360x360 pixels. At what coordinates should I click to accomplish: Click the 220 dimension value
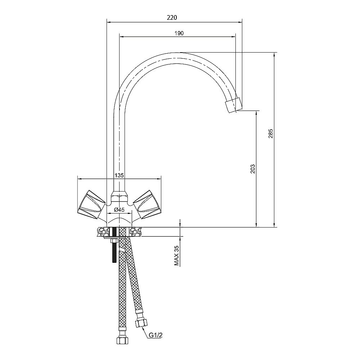(172, 17)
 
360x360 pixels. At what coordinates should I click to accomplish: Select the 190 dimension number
(179, 33)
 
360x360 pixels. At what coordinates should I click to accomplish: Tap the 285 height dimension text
(271, 134)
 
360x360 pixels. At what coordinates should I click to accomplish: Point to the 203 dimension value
(253, 169)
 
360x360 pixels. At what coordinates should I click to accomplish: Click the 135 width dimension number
(119, 175)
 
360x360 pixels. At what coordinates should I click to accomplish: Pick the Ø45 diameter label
(119, 210)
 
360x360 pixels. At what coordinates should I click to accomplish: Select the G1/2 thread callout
(156, 335)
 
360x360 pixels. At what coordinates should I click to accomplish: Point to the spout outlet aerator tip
(234, 105)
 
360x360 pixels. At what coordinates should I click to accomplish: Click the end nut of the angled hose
(141, 324)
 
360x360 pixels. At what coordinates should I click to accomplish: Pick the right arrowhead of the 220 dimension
(240, 22)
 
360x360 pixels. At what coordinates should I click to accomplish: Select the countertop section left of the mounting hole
(104, 231)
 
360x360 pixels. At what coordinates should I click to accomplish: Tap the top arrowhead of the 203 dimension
(256, 113)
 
